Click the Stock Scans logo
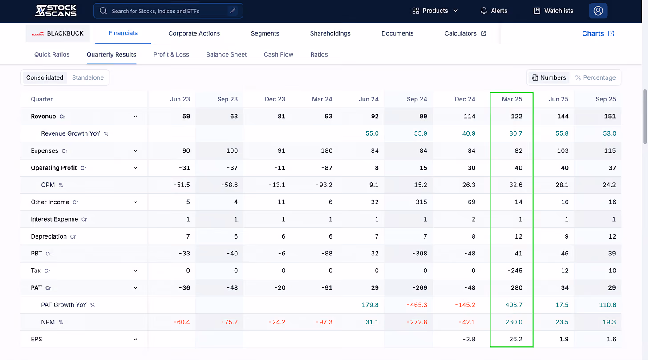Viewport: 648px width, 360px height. tap(55, 11)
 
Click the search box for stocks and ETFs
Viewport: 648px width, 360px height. tap(168, 11)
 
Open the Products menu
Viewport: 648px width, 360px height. tap(435, 11)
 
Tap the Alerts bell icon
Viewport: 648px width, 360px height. tap(483, 11)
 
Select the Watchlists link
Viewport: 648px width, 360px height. tap(553, 11)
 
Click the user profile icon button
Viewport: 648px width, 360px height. tap(598, 11)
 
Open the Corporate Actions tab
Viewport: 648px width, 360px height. tap(194, 33)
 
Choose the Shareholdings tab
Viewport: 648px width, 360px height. tap(330, 33)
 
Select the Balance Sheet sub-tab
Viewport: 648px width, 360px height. tap(226, 54)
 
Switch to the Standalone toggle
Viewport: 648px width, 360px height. tap(88, 77)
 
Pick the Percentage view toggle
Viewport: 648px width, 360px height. tap(595, 77)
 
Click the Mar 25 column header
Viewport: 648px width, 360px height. tap(512, 99)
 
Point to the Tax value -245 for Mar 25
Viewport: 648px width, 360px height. tap(515, 271)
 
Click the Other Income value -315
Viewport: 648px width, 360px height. tap(419, 202)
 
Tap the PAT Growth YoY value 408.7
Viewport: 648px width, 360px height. tap(514, 305)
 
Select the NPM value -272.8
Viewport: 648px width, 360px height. tap(417, 322)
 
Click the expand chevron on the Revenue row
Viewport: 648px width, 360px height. tap(135, 117)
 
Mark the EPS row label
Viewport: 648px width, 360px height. tap(36, 339)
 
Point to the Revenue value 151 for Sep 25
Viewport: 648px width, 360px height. tap(610, 116)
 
